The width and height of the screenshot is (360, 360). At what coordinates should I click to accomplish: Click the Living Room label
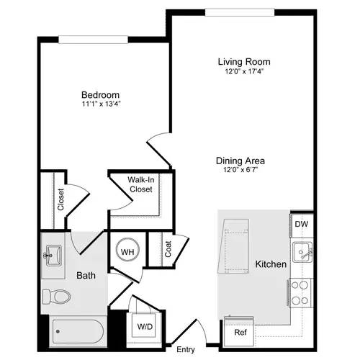243,61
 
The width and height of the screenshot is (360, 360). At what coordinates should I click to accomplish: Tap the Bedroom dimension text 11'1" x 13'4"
100,104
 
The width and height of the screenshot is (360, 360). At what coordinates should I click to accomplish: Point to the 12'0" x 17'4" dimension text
243,71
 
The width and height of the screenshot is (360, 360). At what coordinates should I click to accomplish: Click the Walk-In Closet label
140,184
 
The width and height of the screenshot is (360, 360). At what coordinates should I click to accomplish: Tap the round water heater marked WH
127,252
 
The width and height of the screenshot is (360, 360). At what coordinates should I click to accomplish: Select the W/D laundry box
145,326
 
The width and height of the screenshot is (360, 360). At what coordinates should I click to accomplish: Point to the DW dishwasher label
301,224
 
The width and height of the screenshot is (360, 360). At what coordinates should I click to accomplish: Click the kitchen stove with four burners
300,293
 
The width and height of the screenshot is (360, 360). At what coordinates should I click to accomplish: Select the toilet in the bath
57,296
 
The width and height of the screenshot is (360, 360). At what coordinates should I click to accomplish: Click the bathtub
79,332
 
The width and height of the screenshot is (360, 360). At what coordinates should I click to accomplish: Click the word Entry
186,350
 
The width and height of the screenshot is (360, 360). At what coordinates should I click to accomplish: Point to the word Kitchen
271,265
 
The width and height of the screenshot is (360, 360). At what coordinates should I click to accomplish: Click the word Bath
86,275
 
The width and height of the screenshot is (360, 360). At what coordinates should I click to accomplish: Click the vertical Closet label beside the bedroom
60,199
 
